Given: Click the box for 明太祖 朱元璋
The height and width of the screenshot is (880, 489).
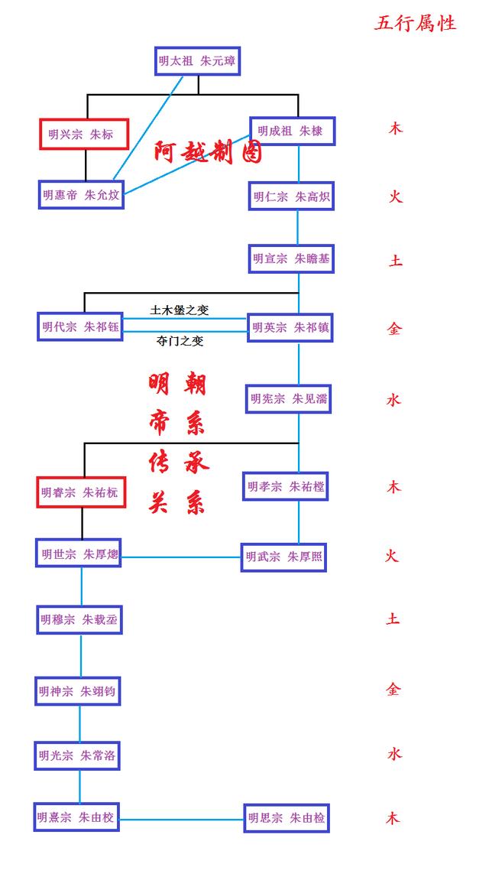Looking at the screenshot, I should click(197, 60).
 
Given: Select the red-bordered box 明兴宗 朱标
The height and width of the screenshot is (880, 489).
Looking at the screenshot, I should click(83, 134).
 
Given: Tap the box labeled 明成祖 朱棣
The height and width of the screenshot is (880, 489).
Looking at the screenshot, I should click(292, 131).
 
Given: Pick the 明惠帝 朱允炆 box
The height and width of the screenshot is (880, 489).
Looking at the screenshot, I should click(81, 194).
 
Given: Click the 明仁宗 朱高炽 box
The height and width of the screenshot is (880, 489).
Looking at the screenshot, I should click(292, 196).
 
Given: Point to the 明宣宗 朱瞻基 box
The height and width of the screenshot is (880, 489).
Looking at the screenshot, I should click(292, 259).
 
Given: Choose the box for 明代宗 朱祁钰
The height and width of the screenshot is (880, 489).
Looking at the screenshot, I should click(80, 326).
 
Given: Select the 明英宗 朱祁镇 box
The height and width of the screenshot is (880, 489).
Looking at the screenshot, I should click(290, 327).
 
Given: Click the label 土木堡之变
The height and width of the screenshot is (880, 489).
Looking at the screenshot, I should click(180, 310).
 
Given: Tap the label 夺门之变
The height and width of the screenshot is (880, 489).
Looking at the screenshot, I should click(180, 341).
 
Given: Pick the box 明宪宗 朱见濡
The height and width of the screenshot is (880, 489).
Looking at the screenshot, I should click(288, 398).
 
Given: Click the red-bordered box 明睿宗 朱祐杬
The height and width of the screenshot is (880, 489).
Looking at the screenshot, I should click(80, 492).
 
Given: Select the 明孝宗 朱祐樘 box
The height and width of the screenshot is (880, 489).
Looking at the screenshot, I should click(285, 486).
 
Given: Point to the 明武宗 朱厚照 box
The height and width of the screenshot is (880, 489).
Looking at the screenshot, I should click(283, 557).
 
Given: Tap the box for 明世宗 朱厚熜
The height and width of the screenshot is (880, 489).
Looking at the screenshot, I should click(79, 553).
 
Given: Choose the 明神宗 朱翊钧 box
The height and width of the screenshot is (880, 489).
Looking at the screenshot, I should click(77, 691).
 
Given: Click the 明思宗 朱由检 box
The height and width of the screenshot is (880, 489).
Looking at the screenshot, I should click(286, 818).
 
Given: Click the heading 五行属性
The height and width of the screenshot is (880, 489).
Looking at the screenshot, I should click(415, 24).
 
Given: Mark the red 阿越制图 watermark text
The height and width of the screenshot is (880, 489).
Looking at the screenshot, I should click(208, 152).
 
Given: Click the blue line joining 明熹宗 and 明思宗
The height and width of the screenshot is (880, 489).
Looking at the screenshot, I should click(181, 820).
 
